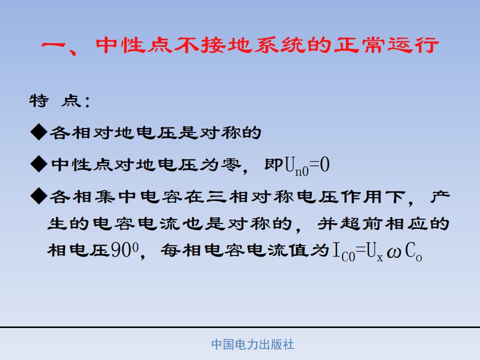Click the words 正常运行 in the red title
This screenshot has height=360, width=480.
click(386, 45)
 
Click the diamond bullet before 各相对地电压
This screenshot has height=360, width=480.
click(39, 132)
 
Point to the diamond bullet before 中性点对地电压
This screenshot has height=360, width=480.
click(39, 164)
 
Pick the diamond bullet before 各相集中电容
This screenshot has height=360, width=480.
click(39, 196)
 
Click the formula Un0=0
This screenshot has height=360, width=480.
click(307, 165)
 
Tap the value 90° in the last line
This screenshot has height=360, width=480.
click(124, 250)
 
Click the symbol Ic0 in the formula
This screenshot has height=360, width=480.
click(344, 252)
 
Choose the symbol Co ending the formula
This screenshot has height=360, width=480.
click(413, 252)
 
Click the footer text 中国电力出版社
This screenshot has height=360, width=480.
click(252, 344)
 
